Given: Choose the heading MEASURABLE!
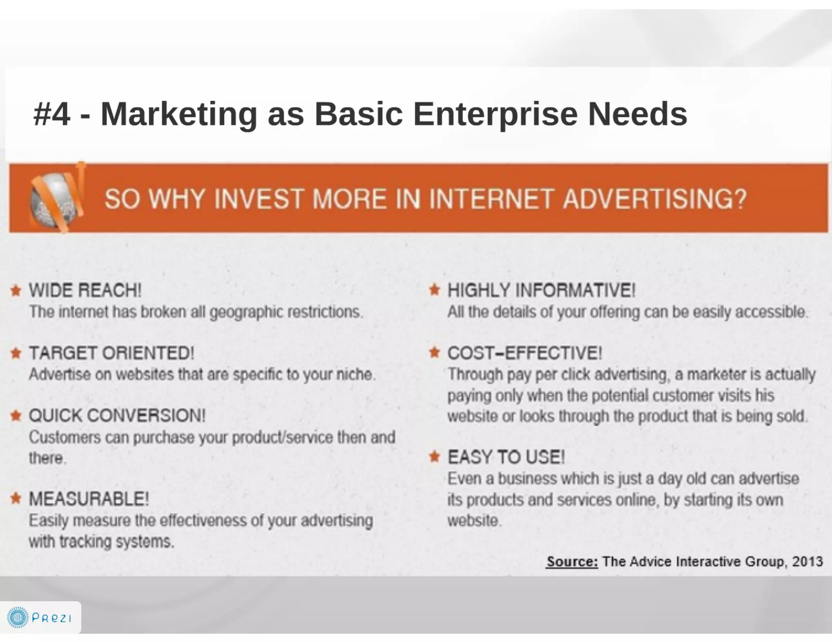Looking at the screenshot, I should (89, 499).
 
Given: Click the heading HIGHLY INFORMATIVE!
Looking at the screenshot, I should (541, 291).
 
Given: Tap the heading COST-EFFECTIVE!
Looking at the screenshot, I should (524, 353).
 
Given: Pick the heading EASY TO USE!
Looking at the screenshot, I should (506, 457).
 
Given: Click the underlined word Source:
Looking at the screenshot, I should (572, 561).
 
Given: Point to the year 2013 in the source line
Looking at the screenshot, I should (807, 561).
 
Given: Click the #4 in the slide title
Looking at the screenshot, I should (52, 114).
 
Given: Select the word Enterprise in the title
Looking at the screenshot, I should (495, 114).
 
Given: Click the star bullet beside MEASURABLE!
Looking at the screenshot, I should (16, 498).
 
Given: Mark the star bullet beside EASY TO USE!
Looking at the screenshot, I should (435, 457).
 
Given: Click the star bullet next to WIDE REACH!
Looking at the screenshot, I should (16, 291).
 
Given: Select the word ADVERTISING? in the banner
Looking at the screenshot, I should (654, 199).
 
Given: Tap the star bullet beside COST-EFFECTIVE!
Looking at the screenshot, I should (435, 352).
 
